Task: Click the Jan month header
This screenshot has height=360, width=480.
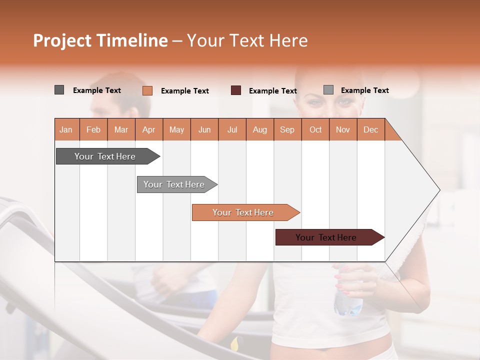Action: click(66, 129)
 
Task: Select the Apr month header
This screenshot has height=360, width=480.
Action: click(149, 129)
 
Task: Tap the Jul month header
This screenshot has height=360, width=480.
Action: click(232, 129)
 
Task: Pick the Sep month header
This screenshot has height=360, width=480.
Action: click(287, 129)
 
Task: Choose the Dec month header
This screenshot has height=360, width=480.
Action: click(370, 129)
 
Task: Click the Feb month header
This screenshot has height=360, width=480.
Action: click(93, 129)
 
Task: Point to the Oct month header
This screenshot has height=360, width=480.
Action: click(315, 129)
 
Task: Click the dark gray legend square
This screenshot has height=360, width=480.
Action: click(59, 90)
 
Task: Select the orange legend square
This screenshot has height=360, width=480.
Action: click(147, 90)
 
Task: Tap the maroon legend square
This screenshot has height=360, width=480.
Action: click(236, 90)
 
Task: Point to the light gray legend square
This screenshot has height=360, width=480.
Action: click(328, 90)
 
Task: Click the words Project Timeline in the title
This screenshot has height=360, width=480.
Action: click(100, 40)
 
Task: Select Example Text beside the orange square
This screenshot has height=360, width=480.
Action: click(184, 91)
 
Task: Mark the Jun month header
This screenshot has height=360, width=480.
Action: click(204, 129)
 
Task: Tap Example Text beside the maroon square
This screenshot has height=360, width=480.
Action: click(272, 91)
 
